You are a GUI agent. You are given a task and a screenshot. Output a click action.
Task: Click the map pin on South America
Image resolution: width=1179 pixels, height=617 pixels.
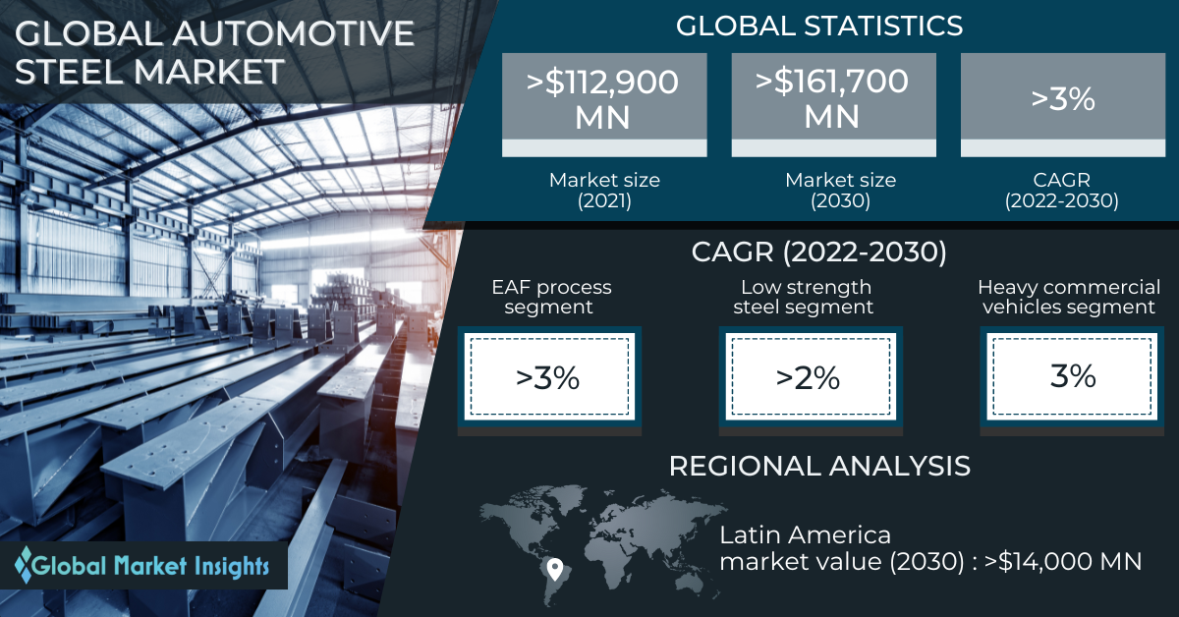554,569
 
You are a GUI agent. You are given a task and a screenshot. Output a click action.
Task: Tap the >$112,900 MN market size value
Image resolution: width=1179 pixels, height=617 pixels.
602,99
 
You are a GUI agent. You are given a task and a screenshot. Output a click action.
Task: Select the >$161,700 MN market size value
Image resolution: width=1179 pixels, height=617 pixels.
832,98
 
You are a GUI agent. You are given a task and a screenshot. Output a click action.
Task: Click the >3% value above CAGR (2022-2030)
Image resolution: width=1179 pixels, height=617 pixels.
1063,98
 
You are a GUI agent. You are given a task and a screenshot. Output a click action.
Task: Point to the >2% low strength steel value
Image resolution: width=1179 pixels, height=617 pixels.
808,378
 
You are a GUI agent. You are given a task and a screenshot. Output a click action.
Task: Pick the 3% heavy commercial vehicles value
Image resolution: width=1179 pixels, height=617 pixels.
1073,376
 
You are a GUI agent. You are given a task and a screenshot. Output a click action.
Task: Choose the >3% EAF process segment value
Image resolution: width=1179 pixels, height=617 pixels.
548,378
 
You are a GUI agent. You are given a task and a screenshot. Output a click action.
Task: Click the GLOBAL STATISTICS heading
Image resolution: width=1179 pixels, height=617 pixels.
819,26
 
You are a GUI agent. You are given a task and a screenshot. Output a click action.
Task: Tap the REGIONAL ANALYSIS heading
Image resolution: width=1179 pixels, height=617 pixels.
819,466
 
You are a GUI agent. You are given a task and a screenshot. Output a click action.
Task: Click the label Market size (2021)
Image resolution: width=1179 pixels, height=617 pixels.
604,190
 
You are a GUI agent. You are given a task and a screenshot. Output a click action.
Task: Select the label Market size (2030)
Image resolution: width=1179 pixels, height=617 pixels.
841,190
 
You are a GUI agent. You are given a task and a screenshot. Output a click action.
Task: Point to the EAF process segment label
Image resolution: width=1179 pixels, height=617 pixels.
551,297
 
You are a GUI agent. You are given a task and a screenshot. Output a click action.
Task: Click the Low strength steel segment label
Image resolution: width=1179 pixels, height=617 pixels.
804,297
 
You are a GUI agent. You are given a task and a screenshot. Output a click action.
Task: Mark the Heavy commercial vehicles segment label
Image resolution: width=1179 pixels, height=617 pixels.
1069,297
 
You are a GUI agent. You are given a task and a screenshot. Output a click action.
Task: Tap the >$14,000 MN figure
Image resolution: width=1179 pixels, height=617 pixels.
1063,562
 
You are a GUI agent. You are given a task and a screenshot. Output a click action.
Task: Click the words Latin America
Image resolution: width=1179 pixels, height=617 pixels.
806,535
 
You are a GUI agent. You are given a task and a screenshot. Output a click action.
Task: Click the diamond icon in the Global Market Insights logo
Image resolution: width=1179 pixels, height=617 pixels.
24,565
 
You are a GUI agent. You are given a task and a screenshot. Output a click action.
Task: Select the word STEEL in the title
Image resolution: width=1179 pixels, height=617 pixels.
69,72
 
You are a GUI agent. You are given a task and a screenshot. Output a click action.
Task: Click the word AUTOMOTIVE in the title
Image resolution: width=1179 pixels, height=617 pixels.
293,33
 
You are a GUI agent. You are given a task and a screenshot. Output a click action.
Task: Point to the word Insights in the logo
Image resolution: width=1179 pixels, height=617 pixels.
232,567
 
